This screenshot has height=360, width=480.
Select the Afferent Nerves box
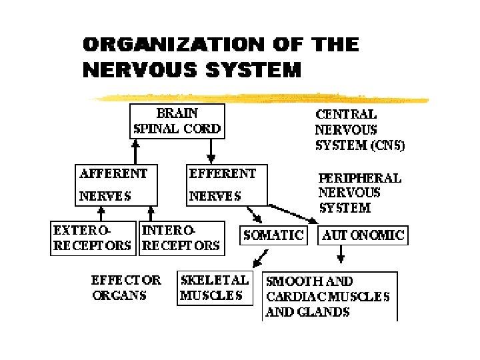pyautogui.click(x=116, y=185)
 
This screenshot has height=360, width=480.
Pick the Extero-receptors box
pyautogui.click(x=93, y=237)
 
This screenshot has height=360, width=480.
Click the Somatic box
pyautogui.click(x=273, y=235)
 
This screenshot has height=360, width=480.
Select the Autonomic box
pyautogui.click(x=363, y=235)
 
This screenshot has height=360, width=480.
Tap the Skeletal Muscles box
pyautogui.click(x=215, y=287)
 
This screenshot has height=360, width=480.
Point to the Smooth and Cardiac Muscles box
pyautogui.click(x=329, y=296)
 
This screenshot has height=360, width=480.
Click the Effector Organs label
pyautogui.click(x=126, y=287)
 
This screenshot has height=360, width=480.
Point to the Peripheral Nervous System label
pyautogui.click(x=360, y=193)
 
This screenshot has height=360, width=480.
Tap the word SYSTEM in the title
pyautogui.click(x=257, y=69)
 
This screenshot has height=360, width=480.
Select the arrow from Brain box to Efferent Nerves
pyautogui.click(x=211, y=151)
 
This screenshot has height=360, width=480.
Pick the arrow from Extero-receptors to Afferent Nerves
pyautogui.click(x=101, y=213)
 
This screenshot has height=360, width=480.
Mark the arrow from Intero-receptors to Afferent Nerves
pyautogui.click(x=153, y=213)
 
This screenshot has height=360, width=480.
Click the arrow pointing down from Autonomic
pyautogui.click(x=341, y=254)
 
